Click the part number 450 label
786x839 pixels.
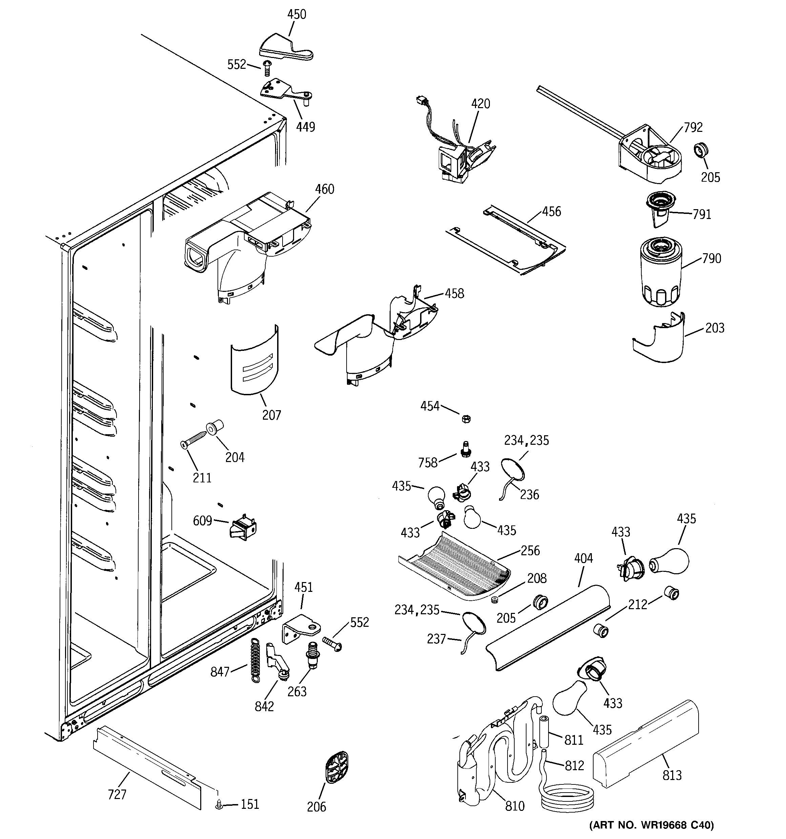point(296,14)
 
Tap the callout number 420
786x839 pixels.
point(480,104)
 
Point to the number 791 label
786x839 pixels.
point(702,214)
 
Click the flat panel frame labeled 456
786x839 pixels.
point(506,241)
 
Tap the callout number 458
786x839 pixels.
point(454,293)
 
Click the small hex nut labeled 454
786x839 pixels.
point(466,419)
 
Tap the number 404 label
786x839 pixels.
point(583,558)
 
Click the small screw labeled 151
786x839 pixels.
point(219,805)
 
